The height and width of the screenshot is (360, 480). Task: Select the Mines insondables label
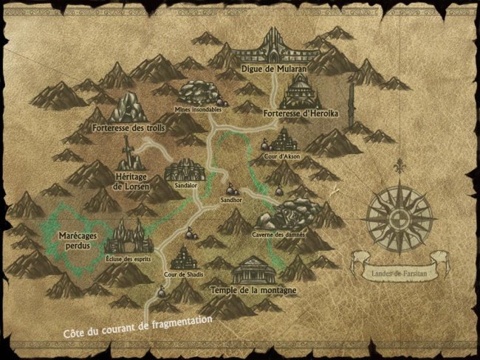coord(198,109)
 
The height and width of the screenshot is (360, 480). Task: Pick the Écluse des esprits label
coord(130,258)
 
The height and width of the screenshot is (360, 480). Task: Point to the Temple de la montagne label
coord(253,291)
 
